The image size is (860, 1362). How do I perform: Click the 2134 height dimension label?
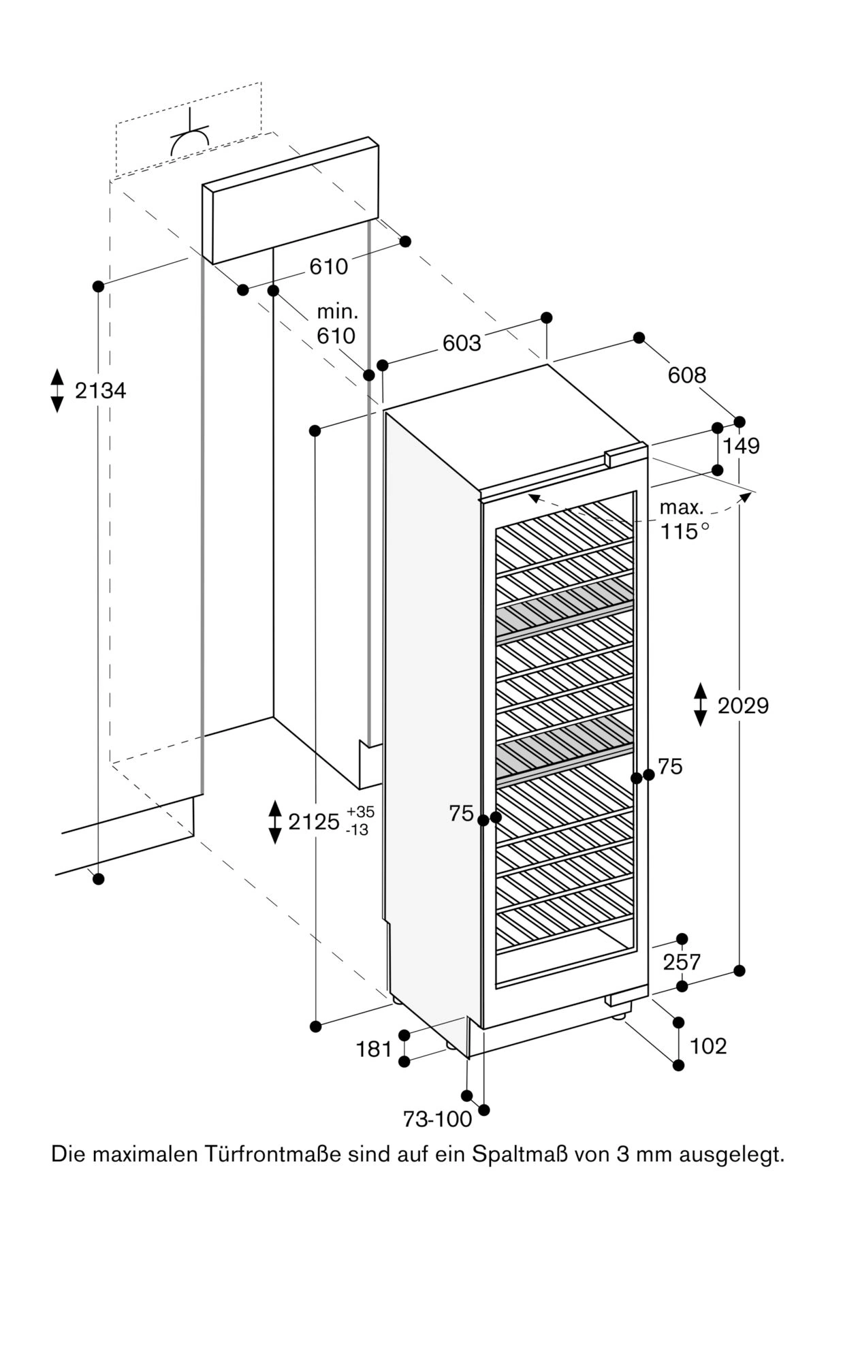click(x=100, y=391)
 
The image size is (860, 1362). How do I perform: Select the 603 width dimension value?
click(x=462, y=343)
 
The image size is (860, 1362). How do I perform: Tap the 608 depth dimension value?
click(x=686, y=375)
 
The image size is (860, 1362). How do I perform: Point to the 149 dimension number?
click(x=741, y=446)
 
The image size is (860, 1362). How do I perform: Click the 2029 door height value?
click(x=743, y=706)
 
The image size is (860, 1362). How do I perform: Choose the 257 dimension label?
click(x=682, y=962)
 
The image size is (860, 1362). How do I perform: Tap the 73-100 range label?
click(x=437, y=1120)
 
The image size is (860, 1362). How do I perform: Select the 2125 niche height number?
click(x=314, y=822)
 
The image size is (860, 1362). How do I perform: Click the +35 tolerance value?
click(x=360, y=812)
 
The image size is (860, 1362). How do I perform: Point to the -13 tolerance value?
click(x=358, y=830)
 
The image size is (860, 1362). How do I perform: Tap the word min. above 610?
click(x=337, y=313)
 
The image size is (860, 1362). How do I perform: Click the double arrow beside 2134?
click(x=57, y=390)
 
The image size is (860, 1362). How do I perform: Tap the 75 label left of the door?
click(x=461, y=813)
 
